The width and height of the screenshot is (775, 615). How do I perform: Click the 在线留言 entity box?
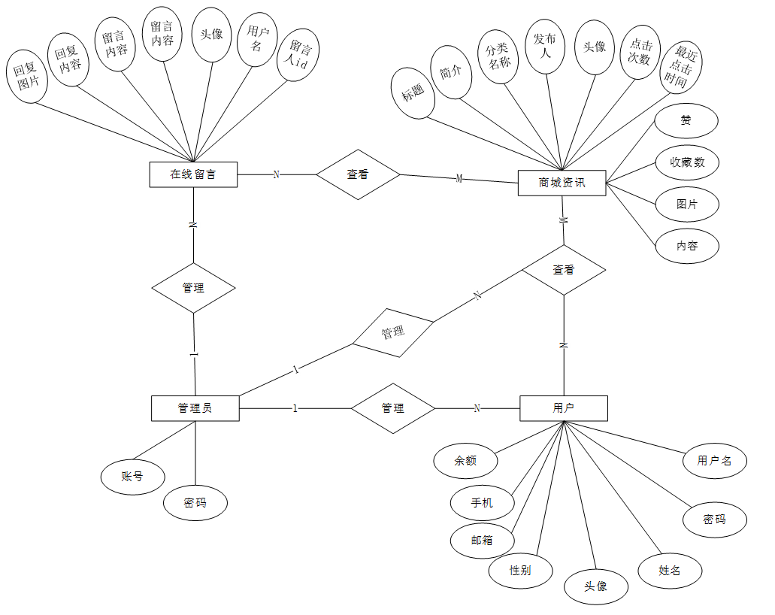click(x=193, y=174)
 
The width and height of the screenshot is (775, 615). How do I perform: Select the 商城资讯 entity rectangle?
click(x=562, y=183)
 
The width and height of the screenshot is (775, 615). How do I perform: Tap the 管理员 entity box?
click(x=195, y=408)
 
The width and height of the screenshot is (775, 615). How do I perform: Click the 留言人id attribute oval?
click(x=299, y=55)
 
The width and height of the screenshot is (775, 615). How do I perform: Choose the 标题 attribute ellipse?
click(x=413, y=94)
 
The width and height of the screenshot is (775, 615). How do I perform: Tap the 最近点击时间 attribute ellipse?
click(x=682, y=67)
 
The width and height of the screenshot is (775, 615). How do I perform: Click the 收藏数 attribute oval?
click(x=687, y=162)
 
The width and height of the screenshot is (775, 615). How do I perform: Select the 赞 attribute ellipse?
click(x=686, y=120)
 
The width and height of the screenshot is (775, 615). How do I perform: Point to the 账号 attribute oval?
click(x=132, y=476)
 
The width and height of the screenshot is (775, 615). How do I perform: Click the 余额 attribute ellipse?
click(x=465, y=461)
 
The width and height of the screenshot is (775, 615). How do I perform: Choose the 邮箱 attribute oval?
click(x=482, y=540)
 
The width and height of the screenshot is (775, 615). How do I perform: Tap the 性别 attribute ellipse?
click(x=520, y=570)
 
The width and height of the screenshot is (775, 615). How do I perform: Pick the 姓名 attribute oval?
click(x=670, y=571)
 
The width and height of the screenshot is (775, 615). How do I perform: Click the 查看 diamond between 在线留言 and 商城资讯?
click(x=358, y=174)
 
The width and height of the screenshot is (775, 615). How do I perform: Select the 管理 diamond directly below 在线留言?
click(x=193, y=288)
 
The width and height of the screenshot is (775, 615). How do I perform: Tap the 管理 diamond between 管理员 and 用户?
click(x=393, y=408)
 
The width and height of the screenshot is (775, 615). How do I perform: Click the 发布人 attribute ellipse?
click(x=543, y=47)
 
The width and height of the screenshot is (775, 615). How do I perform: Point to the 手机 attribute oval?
click(x=482, y=502)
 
